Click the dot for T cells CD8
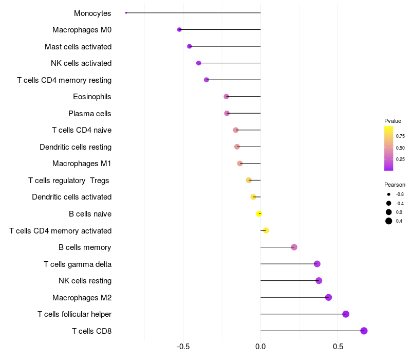tap(364, 331)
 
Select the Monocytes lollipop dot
tap(126, 13)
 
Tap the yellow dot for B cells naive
tap(259, 213)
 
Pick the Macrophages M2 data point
tap(328, 297)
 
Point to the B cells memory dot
tap(294, 247)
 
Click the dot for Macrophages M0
tap(179, 30)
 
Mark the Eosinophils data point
tap(226, 97)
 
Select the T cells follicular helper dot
tap(346, 314)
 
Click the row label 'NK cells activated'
tap(81, 63)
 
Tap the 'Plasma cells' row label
tap(90, 114)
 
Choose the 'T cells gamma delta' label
tap(78, 264)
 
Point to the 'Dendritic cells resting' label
tap(76, 147)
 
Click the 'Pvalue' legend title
tap(393, 121)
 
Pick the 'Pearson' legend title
tap(395, 185)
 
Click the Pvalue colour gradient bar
tap(389, 148)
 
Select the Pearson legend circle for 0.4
tap(389, 221)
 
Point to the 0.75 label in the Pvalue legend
tap(400, 136)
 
